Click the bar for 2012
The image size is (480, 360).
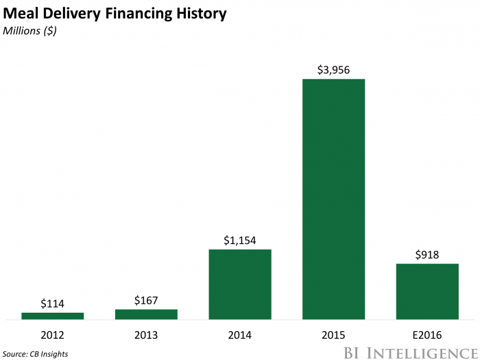click(x=52, y=315)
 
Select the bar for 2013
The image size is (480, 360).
click(x=146, y=314)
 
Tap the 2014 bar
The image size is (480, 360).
click(x=240, y=284)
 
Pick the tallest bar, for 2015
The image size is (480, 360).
click(x=333, y=199)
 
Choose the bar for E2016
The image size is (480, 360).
click(x=427, y=291)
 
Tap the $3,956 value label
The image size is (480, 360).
click(x=333, y=69)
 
